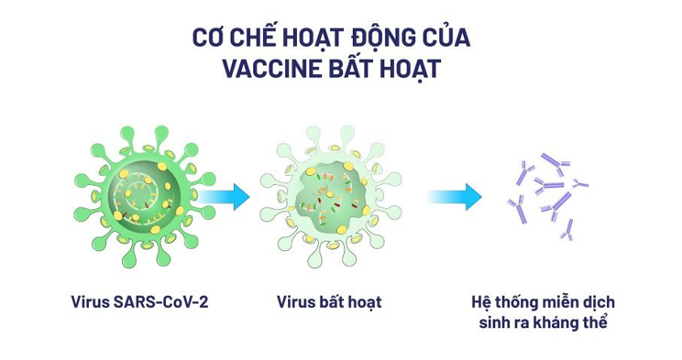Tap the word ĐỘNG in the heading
coord(386,39)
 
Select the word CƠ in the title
coord(210,39)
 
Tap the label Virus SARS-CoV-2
coord(138,301)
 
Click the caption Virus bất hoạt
coord(329,301)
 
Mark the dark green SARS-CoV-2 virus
coord(137,195)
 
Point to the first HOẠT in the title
coord(317,39)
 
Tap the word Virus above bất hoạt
coord(295,301)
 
